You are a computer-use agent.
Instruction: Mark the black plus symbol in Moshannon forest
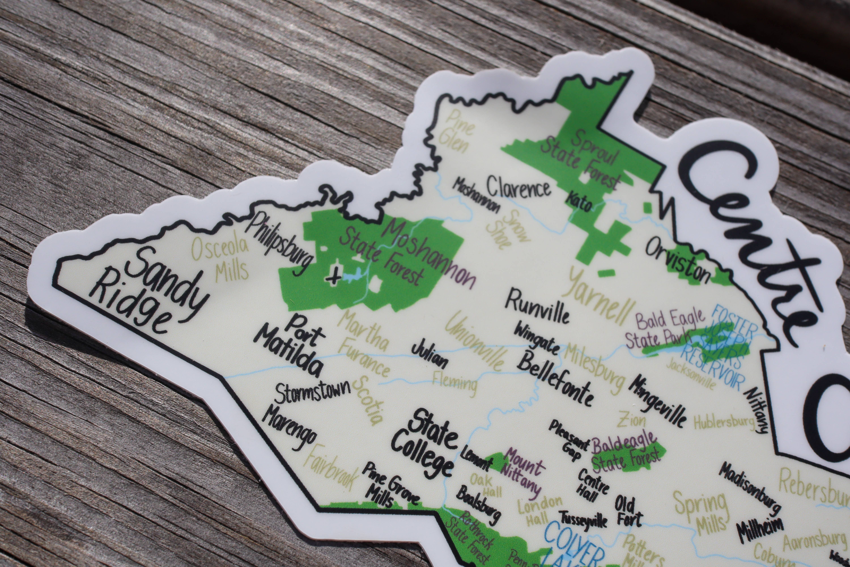coord(333,278)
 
